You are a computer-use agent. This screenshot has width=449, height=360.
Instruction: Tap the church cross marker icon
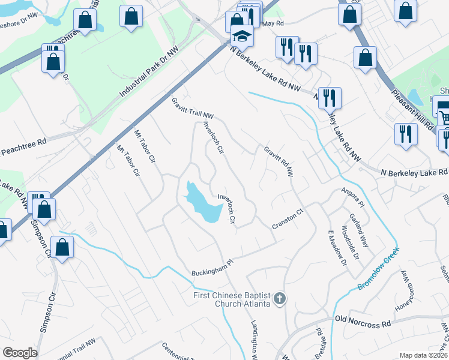coord(279,298)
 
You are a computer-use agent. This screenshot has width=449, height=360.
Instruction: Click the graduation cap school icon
coord(243,37)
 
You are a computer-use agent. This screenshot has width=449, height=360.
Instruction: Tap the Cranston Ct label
coord(286,223)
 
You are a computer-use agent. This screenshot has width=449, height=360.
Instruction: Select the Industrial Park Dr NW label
coord(149,74)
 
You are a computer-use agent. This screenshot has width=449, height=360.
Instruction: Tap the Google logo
coord(20,353)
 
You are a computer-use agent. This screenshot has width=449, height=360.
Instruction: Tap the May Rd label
coord(273,23)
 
